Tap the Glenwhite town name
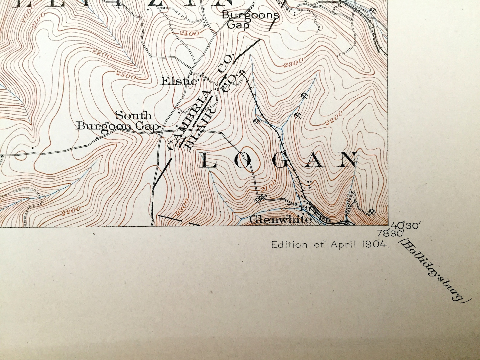(x=281, y=219)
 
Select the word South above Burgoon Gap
(x=134, y=115)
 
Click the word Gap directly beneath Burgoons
(x=238, y=25)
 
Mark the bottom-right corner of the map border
(x=388, y=225)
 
